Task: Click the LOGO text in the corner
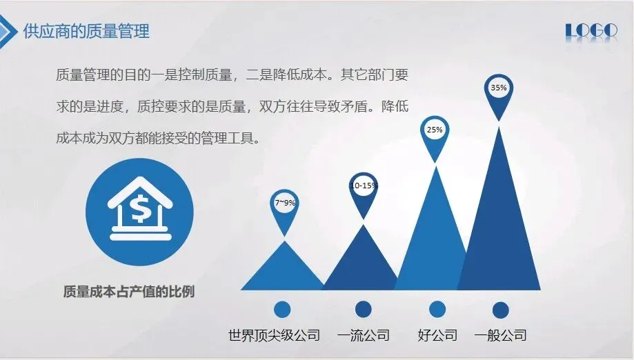[591, 31]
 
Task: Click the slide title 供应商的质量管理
[86, 31]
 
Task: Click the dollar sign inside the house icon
[140, 208]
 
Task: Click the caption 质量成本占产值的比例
[129, 291]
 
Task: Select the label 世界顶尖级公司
[274, 335]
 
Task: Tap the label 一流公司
[364, 335]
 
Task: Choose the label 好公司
[437, 335]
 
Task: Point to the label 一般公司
[501, 335]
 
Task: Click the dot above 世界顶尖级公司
[282, 310]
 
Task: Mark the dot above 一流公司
[363, 309]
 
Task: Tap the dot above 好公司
[437, 310]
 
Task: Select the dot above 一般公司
[501, 310]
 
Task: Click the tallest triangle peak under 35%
[499, 127]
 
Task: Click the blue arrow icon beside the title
[8, 32]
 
